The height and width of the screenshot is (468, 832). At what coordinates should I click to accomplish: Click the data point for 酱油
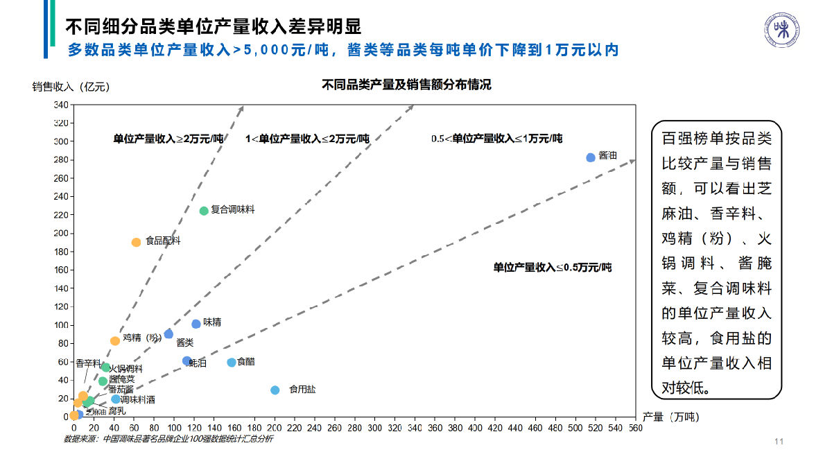coord(591,157)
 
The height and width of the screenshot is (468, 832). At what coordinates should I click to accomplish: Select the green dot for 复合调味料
coord(204,211)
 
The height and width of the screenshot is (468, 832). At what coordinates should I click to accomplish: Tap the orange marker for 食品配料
coord(136,243)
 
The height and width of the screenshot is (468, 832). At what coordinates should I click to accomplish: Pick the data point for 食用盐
coord(275,390)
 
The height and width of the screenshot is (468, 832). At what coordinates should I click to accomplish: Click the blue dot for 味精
coord(196,324)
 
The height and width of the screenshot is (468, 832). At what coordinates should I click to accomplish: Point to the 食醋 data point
coord(232,363)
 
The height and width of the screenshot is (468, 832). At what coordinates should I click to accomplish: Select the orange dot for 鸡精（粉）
coord(115,340)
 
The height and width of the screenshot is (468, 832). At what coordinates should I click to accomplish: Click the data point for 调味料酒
coord(115,399)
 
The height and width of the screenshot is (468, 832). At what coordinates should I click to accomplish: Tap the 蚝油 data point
coord(187,361)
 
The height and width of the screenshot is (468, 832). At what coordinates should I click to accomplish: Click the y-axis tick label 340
coord(61,105)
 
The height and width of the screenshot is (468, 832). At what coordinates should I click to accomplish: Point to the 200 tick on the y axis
coord(61,233)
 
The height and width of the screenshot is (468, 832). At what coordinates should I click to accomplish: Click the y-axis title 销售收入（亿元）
coord(71,87)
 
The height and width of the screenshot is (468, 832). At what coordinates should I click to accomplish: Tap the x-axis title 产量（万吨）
coord(671,417)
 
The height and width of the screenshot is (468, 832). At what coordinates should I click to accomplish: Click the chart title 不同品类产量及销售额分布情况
coord(406,85)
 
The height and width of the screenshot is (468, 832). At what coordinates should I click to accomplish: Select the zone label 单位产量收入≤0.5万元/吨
coord(552,267)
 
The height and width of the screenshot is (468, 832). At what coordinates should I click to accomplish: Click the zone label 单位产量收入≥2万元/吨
coord(168,139)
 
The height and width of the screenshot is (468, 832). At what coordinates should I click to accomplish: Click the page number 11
coord(779,442)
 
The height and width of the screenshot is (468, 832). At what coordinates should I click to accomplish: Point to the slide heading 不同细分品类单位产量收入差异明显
coord(213,27)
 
